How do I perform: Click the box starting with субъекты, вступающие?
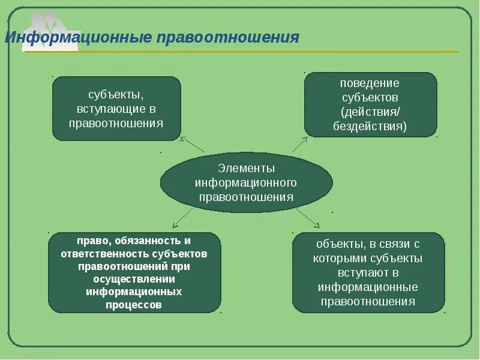[x=116, y=109]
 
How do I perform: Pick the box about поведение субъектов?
[x=370, y=105]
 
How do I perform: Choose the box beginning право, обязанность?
[x=134, y=272]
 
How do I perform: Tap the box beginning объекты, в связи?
[x=368, y=272]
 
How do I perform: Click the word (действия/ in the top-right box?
[x=370, y=112]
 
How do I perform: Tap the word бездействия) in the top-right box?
[x=370, y=127]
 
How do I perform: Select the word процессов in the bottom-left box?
[x=134, y=304]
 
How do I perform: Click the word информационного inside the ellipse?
[x=246, y=182]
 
